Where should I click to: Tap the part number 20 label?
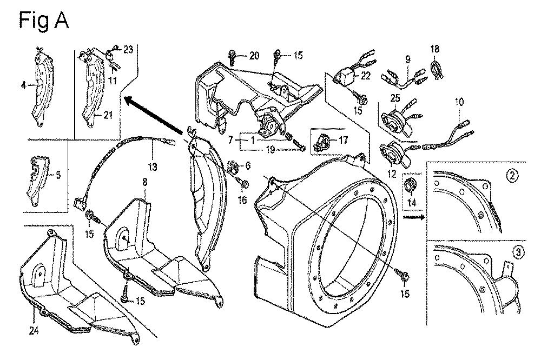(254, 55)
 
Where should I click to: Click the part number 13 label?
(153, 168)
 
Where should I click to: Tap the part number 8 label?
(144, 183)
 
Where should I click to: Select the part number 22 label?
(366, 76)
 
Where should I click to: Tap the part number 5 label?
(58, 175)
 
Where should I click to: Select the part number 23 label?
(128, 49)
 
